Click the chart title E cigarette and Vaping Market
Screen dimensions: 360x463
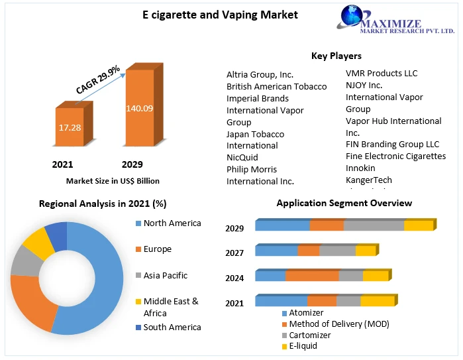coord(211,15)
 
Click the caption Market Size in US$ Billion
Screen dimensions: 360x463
coord(113,180)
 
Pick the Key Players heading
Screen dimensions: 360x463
coord(336,56)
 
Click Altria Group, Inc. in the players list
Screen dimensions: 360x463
coord(260,75)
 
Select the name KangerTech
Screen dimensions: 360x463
coord(368,180)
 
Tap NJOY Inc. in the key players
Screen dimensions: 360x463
coord(364,85)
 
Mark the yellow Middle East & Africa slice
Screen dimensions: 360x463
coord(38,243)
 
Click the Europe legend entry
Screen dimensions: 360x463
coord(157,249)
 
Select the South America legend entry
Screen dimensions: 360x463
coord(172,327)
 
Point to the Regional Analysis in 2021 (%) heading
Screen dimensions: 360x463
coord(102,204)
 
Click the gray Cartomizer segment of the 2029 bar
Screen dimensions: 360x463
coord(374,225)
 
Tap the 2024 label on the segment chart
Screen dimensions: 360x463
coord(234,278)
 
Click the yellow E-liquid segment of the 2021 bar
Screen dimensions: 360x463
coord(377,301)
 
